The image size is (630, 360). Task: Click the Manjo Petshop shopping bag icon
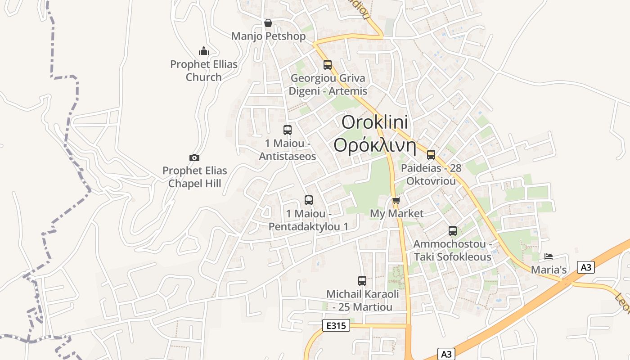(268, 23)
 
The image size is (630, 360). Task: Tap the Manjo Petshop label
(268, 36)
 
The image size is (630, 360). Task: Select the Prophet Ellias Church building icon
(204, 51)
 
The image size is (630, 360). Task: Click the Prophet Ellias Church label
(204, 71)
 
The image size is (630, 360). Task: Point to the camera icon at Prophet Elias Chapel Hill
(194, 157)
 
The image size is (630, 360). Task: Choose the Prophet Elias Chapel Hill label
(194, 177)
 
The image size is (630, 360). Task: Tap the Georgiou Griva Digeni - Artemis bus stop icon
(328, 64)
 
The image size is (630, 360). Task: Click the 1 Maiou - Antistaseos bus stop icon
(288, 130)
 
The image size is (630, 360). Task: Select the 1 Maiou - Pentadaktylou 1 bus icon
(309, 200)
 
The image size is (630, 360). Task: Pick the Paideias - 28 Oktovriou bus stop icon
(431, 155)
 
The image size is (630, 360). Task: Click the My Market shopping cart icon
(396, 201)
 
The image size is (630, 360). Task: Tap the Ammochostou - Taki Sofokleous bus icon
(453, 231)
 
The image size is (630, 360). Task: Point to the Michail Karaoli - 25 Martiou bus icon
(362, 281)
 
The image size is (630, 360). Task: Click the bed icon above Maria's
(549, 256)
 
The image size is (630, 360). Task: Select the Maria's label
(549, 270)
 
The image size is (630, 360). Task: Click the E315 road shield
(336, 325)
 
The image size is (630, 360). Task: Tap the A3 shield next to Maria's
(585, 267)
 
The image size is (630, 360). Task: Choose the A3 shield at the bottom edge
(446, 354)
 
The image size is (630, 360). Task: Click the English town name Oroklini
(374, 122)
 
